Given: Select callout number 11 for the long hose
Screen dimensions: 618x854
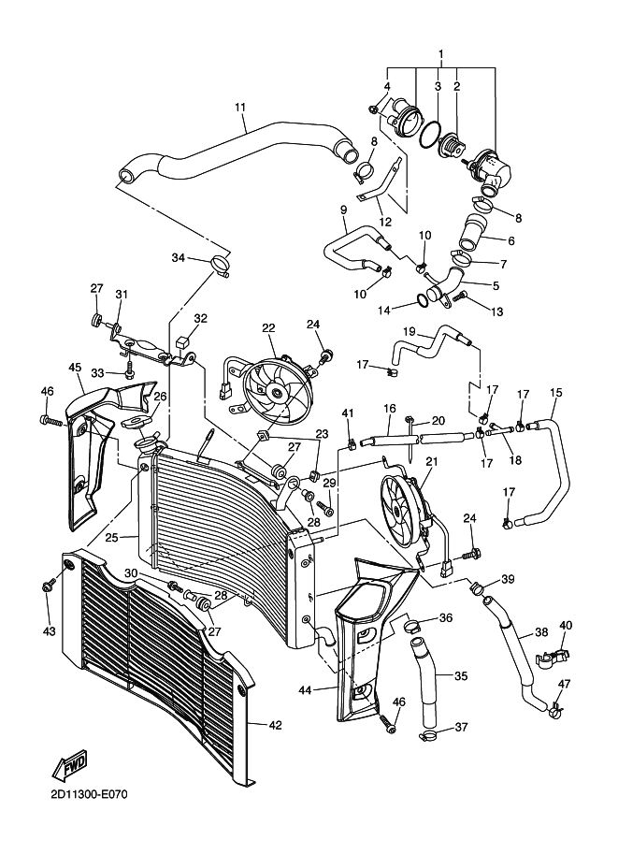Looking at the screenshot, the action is [x=240, y=107].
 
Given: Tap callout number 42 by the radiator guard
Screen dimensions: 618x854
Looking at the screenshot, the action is [x=276, y=725].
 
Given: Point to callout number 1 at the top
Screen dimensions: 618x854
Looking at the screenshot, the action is [x=441, y=54].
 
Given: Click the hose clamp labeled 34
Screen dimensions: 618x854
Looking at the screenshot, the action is [x=220, y=267].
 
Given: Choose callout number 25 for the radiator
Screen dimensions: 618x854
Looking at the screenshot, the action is [x=111, y=538].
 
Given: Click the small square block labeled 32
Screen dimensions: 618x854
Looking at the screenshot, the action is [x=182, y=343].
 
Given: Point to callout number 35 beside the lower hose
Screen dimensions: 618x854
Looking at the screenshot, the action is [x=461, y=676].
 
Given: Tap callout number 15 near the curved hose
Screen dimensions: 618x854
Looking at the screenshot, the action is [x=556, y=393].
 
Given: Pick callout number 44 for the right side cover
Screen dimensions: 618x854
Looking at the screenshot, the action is [x=305, y=690].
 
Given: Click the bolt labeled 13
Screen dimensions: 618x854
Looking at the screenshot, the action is [x=462, y=296].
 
